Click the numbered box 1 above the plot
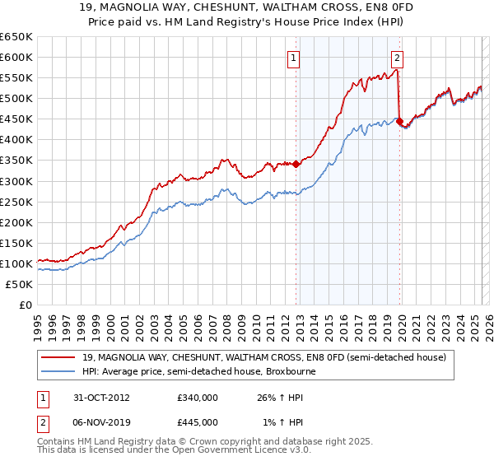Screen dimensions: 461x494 (294, 58)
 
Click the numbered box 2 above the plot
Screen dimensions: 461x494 (397, 58)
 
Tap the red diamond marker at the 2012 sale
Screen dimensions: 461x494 (296, 164)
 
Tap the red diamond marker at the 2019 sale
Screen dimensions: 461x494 (398, 121)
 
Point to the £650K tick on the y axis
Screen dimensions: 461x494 (16, 37)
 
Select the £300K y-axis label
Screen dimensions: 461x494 (16, 181)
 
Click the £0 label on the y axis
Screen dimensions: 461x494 (25, 305)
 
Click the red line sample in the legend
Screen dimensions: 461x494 (59, 357)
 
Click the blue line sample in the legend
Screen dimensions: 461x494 (59, 371)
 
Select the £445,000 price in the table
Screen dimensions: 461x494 (198, 421)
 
